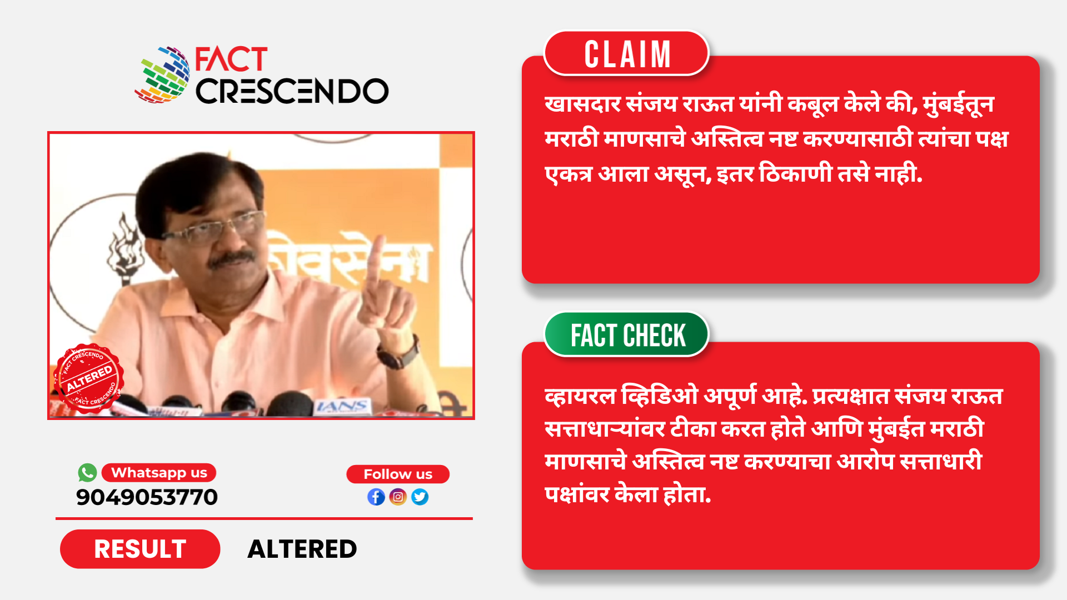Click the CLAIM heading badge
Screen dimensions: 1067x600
[x=626, y=53]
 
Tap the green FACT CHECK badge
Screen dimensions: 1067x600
[x=627, y=334]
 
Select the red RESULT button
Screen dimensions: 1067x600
[x=140, y=549]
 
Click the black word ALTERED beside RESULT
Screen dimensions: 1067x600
[x=302, y=549]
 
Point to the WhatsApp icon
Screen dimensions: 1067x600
[x=87, y=473]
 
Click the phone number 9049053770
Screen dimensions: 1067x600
[x=147, y=497]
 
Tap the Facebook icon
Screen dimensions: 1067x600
[x=376, y=497]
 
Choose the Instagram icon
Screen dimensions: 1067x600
[x=398, y=497]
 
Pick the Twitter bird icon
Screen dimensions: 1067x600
[x=420, y=497]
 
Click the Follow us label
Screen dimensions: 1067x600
[x=398, y=474]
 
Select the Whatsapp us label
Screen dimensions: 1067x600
[x=159, y=473]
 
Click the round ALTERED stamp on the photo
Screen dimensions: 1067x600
[x=88, y=378]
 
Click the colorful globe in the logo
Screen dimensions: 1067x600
[x=163, y=75]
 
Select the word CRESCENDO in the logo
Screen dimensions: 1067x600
[x=292, y=91]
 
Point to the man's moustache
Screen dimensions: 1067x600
[x=232, y=259]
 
